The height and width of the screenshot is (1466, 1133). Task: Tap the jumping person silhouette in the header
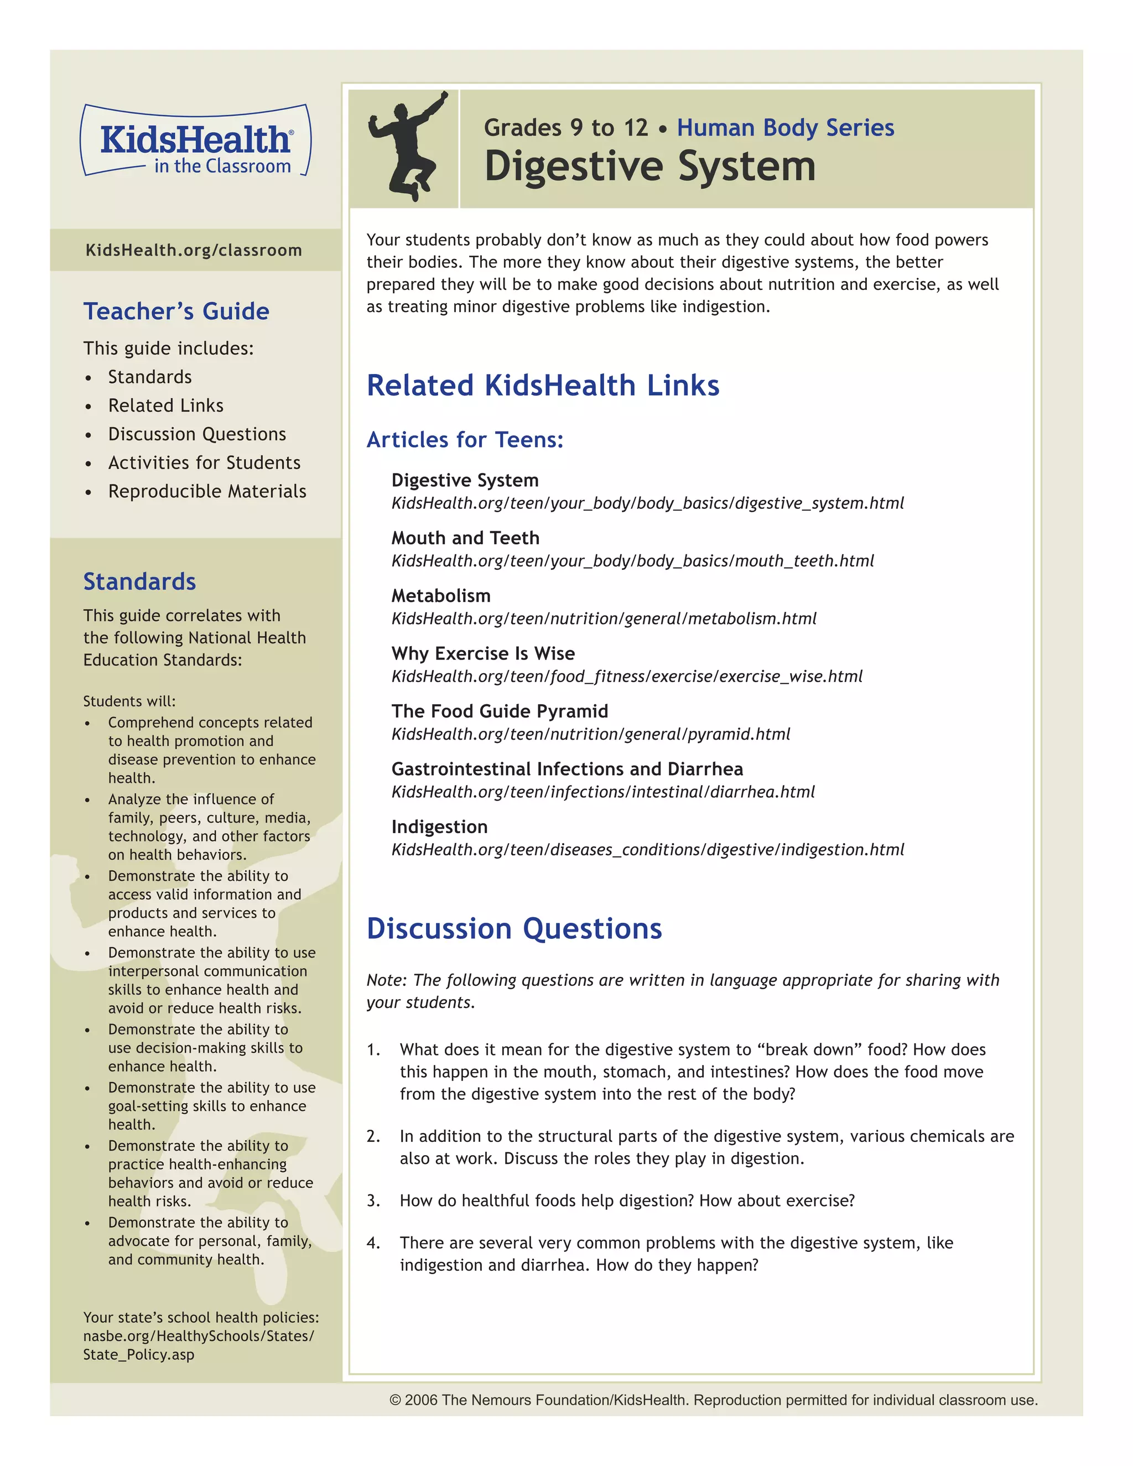coord(407,147)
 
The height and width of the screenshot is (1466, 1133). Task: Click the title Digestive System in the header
coord(649,167)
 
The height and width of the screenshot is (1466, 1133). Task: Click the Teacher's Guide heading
coord(176,311)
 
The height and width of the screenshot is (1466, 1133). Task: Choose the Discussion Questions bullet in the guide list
coord(196,434)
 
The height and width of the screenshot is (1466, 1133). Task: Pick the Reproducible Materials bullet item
coord(207,491)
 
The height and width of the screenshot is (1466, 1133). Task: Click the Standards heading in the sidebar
coord(139,581)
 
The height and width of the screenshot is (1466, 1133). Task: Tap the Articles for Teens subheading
coord(465,440)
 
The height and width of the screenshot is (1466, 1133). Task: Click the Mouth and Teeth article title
coord(465,538)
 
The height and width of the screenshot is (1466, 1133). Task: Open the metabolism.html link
coord(604,618)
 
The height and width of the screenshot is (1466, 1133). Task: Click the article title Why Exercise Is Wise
coord(482,654)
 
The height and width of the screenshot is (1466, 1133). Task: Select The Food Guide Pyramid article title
coord(500,711)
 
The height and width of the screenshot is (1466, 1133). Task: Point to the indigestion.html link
coord(647,850)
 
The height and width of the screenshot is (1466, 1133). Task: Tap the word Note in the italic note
coord(385,980)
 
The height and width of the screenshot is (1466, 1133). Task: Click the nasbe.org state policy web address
coord(198,1337)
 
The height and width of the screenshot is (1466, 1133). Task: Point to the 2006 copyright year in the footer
coord(422,1400)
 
